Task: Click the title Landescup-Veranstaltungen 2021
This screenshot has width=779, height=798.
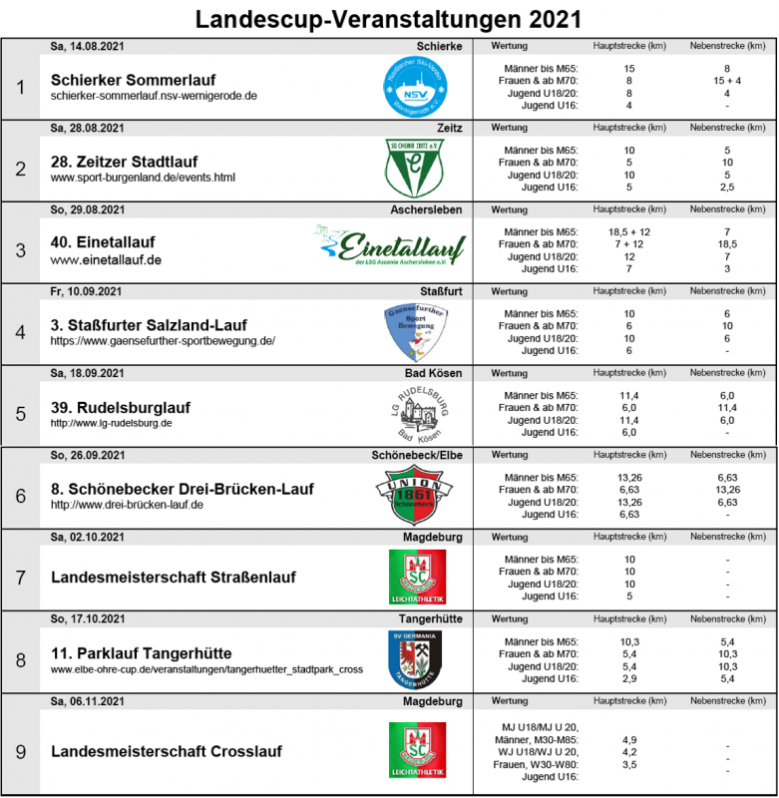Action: tap(389, 19)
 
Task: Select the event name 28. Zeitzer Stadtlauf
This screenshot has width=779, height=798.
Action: tap(124, 162)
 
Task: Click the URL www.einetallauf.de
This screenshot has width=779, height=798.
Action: tap(106, 260)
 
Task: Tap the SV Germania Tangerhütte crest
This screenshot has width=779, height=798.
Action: tap(415, 658)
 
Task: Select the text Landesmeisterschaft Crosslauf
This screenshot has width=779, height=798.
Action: tap(166, 751)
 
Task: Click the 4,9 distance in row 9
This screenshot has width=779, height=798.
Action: tap(628, 739)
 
